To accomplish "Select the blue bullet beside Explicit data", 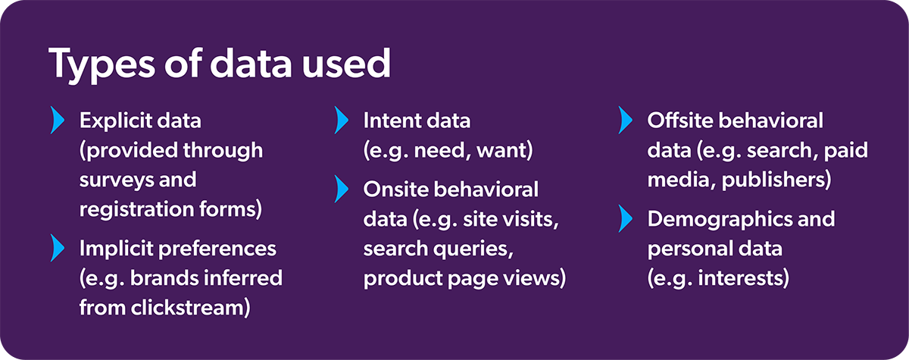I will (56, 120).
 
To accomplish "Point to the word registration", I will (141, 209).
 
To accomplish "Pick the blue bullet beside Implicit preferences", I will (56, 247).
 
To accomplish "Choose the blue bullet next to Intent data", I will (341, 120).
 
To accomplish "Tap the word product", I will (400, 279).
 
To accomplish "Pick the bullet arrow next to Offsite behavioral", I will (624, 120).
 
